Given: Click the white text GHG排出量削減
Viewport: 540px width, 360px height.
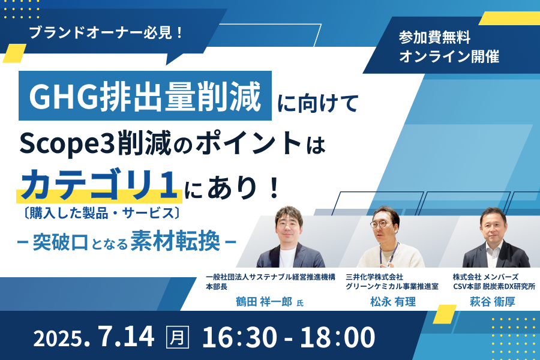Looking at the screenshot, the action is pos(145,97).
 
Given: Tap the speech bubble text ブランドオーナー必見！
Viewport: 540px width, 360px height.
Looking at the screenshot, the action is pos(106,33).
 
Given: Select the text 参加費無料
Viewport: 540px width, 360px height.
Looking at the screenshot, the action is pos(434,37).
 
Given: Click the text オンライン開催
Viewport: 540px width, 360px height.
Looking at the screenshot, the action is pos(449,56).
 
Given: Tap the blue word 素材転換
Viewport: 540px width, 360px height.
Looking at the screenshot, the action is pos(175,241).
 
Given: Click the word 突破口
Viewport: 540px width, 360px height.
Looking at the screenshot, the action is pos(60,242).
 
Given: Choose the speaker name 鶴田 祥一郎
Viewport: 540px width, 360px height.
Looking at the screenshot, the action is pos(264,302).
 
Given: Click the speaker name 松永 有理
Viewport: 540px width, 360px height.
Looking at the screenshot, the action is pos(393,302).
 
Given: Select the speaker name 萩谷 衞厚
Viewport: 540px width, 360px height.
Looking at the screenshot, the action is pos(493,302).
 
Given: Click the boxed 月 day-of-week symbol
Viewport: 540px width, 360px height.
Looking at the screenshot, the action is pos(178,337).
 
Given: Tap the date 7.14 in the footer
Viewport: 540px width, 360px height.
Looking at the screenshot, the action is pos(126,336).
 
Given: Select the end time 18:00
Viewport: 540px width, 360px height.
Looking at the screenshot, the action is pos(337,337).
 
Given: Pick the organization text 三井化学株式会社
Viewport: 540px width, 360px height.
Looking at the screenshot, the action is pos(374,277).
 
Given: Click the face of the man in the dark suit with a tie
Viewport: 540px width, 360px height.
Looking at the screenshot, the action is pos(494,226).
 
